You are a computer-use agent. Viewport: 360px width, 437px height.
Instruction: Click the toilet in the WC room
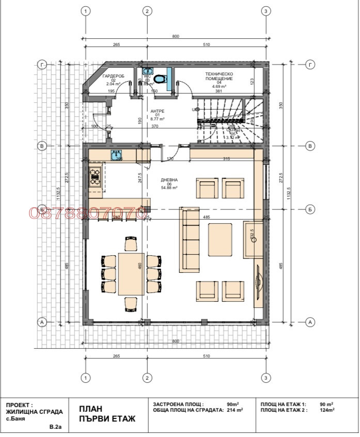[x=160, y=79]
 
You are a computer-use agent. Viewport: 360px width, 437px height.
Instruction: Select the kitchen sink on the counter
[x=116, y=154]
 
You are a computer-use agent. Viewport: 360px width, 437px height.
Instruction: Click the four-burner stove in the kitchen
[x=96, y=176]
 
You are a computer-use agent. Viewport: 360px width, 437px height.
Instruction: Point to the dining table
[x=131, y=274]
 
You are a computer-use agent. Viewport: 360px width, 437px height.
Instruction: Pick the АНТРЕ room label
[x=157, y=111]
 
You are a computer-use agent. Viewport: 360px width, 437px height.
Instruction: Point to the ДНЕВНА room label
[x=169, y=180]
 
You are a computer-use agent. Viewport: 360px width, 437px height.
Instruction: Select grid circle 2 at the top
[x=147, y=11]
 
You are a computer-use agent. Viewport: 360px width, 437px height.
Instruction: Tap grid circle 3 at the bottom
[x=265, y=379]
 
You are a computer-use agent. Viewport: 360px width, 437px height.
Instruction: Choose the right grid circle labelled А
[x=310, y=322]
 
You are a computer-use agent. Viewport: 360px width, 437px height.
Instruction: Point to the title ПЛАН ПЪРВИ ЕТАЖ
[x=107, y=413]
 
